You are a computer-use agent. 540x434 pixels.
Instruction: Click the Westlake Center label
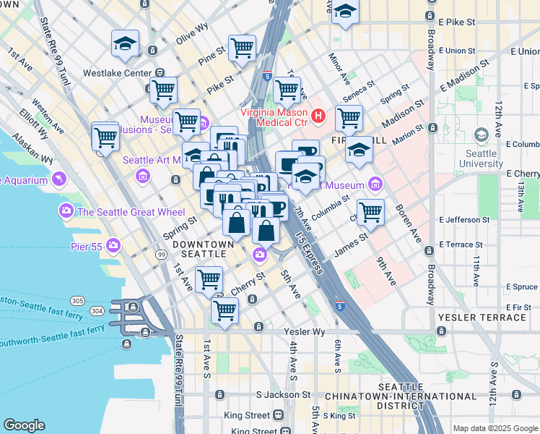click(x=117, y=73)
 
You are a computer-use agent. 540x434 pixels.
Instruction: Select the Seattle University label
click(x=482, y=158)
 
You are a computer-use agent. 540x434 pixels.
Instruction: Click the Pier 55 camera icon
click(x=113, y=246)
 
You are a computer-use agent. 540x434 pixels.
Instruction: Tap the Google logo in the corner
click(x=24, y=425)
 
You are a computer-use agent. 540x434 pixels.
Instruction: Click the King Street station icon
click(x=277, y=415)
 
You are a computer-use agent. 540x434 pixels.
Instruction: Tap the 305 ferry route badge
click(x=77, y=300)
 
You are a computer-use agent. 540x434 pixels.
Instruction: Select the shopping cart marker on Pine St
click(x=242, y=48)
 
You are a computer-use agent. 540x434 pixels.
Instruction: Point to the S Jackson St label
click(x=283, y=396)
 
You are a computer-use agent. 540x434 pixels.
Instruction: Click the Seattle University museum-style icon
click(x=482, y=135)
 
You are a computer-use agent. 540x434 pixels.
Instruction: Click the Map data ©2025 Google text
click(x=495, y=427)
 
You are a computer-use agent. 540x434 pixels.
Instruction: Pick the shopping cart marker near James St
click(x=370, y=211)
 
